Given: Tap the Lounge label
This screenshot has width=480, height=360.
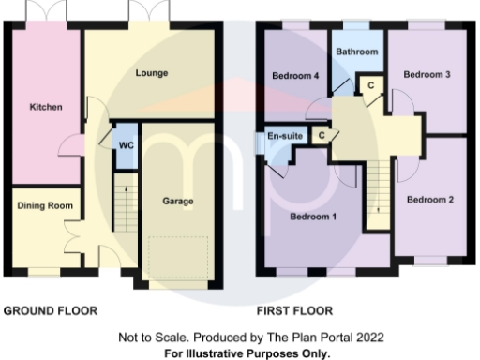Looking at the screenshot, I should tap(151, 73).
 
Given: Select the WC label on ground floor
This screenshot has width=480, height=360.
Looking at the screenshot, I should tap(125, 145).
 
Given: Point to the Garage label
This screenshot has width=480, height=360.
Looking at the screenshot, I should tap(178, 200).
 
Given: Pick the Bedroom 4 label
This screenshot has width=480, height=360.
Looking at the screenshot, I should tap(292, 75).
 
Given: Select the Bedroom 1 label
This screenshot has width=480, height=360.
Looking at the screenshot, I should tap(314, 217).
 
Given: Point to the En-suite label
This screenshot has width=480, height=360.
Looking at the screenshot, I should tap(286, 137).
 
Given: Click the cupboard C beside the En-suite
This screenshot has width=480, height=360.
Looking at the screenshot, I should tap(322, 136).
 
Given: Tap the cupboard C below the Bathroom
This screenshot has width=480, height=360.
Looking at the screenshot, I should tap(370, 85).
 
